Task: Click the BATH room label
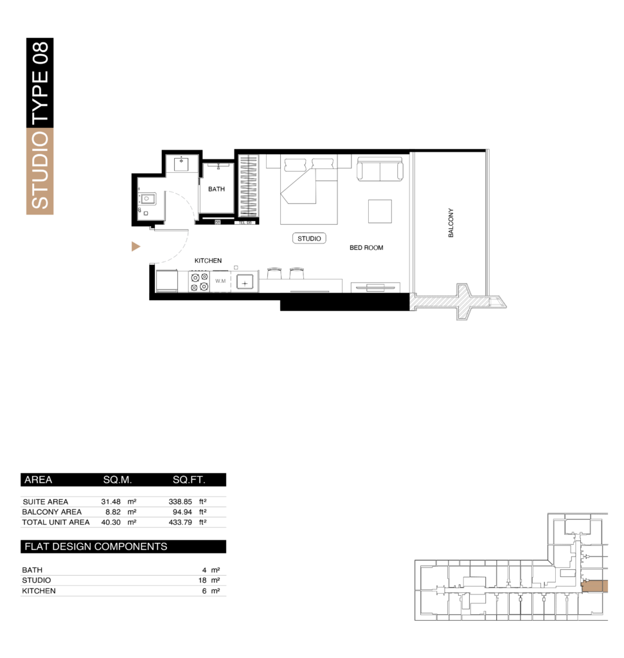(216, 190)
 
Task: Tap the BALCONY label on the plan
(450, 223)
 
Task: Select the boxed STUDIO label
(309, 238)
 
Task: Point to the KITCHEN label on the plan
(208, 261)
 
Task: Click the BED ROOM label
(366, 247)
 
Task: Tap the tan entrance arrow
(136, 246)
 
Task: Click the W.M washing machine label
(220, 281)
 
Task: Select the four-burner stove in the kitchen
(199, 281)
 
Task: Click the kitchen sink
(245, 283)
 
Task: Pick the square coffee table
(380, 211)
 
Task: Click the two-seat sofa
(380, 169)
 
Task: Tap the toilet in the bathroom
(147, 199)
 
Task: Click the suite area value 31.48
(111, 501)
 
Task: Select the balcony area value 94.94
(182, 512)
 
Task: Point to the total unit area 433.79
(180, 522)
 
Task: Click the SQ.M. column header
(118, 479)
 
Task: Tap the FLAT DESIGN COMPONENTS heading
(96, 546)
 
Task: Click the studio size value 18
(202, 580)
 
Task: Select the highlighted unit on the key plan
(594, 586)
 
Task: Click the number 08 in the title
(40, 53)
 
